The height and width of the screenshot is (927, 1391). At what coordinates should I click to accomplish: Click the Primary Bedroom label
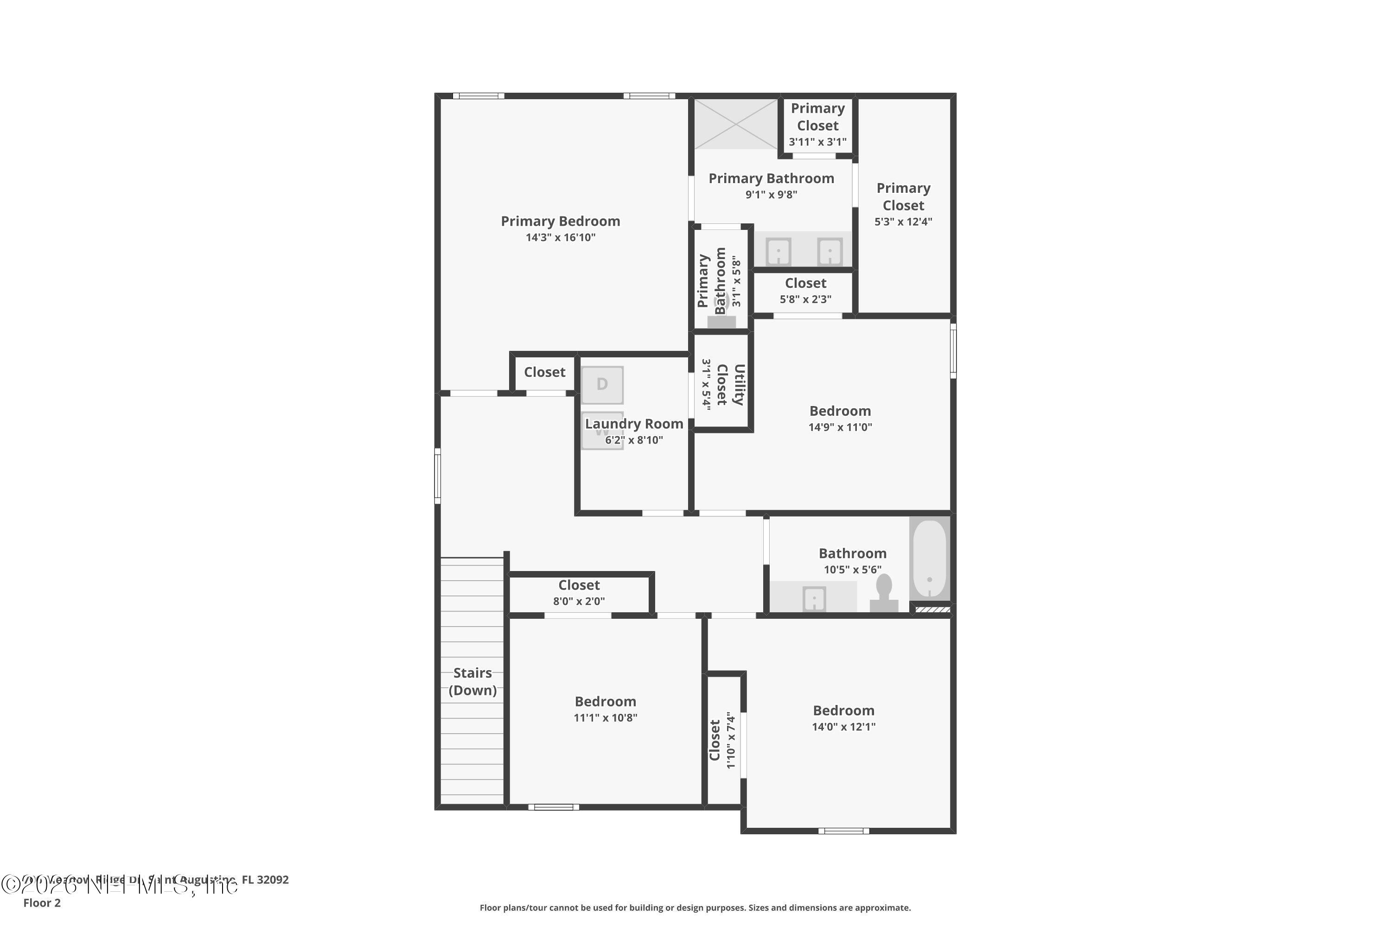click(x=560, y=221)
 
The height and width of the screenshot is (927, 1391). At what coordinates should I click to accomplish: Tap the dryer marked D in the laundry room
click(x=602, y=384)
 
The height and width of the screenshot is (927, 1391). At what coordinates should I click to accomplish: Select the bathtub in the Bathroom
click(x=929, y=559)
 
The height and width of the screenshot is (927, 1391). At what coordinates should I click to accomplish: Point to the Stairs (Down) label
click(x=472, y=681)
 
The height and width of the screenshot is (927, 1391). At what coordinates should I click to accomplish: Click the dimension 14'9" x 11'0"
click(x=840, y=427)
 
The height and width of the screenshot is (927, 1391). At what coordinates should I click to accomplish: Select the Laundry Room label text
click(x=633, y=424)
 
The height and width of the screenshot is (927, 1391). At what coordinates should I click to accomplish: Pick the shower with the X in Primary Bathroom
click(x=735, y=124)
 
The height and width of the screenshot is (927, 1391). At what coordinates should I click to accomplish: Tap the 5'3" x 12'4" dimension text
click(x=903, y=222)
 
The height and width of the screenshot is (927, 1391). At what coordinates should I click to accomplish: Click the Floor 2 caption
click(x=42, y=903)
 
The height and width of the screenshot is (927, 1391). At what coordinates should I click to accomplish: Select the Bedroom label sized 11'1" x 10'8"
click(x=605, y=701)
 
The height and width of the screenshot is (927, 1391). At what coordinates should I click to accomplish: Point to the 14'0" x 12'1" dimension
click(x=843, y=727)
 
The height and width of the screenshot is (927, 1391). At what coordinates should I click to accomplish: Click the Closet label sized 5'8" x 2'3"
click(x=805, y=283)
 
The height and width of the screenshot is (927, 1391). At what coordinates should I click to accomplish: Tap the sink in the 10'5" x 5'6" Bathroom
click(x=814, y=599)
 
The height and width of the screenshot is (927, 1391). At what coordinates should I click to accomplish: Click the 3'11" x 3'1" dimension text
click(x=817, y=142)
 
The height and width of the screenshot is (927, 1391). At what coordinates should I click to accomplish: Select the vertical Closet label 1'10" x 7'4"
click(x=715, y=740)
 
